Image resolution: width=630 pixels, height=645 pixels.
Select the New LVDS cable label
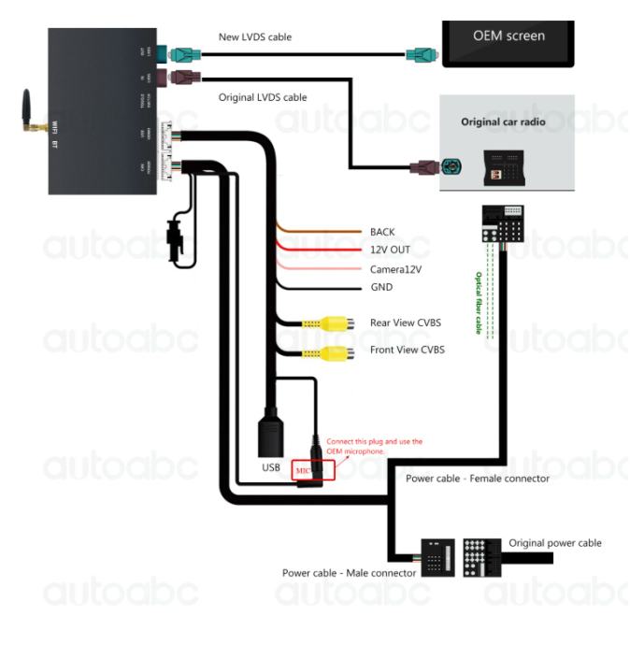tap(254, 36)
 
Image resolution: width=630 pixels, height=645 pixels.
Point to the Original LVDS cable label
tap(263, 96)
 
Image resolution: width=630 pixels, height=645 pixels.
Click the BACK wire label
tap(382, 231)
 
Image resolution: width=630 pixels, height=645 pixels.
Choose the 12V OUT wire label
tap(390, 250)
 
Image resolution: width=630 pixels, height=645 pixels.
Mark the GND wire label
tap(380, 287)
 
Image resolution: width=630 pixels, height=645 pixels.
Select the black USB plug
tap(273, 434)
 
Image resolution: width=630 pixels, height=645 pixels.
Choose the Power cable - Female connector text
tap(477, 479)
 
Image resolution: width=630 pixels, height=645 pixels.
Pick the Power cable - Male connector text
tap(349, 572)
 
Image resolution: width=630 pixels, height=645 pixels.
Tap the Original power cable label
tap(554, 543)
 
